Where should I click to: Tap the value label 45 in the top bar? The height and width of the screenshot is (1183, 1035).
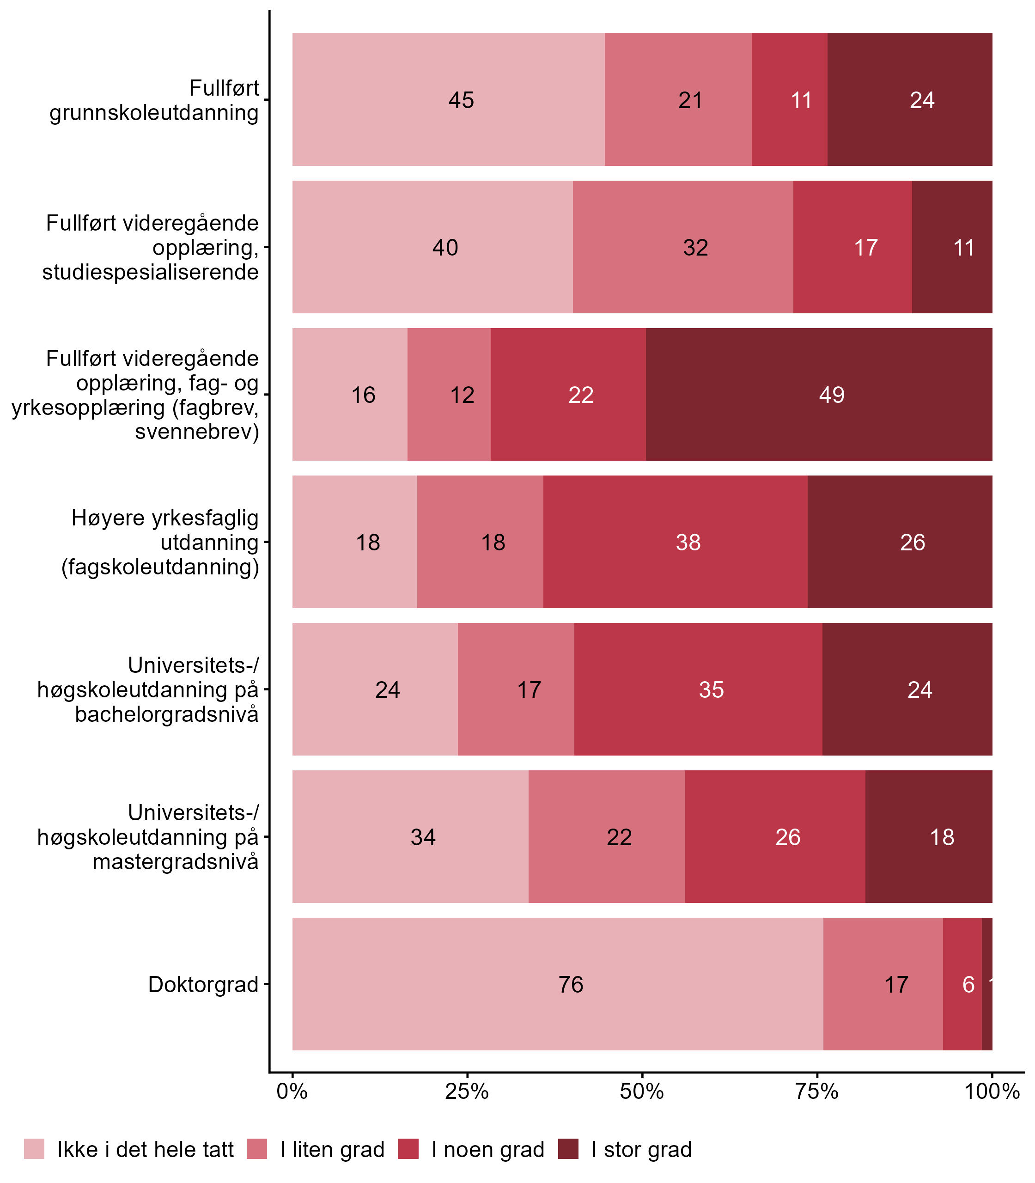(x=461, y=100)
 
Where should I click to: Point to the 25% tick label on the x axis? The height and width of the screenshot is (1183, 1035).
(x=467, y=1091)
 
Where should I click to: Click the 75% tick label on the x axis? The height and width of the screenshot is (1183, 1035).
(x=817, y=1091)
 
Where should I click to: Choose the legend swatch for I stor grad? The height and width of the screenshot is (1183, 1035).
(x=568, y=1149)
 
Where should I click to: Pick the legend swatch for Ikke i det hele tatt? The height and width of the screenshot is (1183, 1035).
(x=34, y=1149)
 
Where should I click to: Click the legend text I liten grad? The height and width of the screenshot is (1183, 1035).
(x=332, y=1150)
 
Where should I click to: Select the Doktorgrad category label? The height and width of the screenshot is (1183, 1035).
(x=203, y=984)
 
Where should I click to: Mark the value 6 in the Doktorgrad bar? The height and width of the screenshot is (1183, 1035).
(x=968, y=984)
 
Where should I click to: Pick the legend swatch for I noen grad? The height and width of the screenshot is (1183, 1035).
(x=408, y=1149)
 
